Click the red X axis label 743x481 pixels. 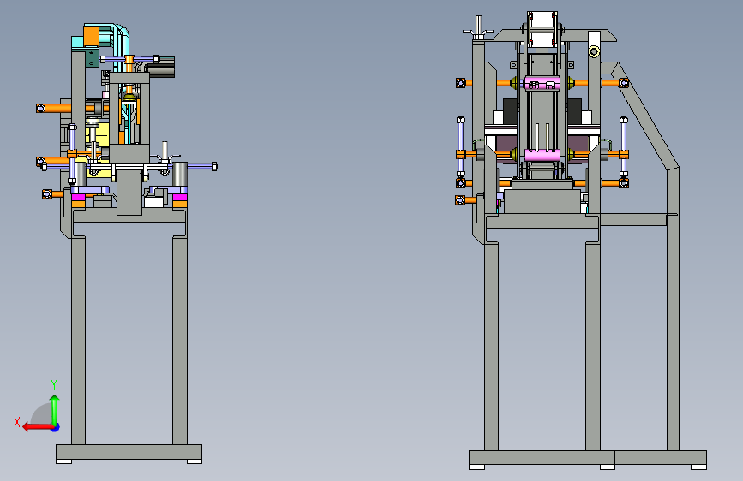17,422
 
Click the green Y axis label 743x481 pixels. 54,384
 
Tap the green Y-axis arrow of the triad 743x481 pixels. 55,410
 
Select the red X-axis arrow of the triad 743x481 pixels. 39,427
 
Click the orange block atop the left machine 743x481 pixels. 91,35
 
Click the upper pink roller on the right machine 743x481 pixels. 542,83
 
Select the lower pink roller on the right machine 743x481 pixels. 542,155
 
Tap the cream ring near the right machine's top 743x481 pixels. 594,51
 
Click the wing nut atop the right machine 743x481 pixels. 478,28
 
